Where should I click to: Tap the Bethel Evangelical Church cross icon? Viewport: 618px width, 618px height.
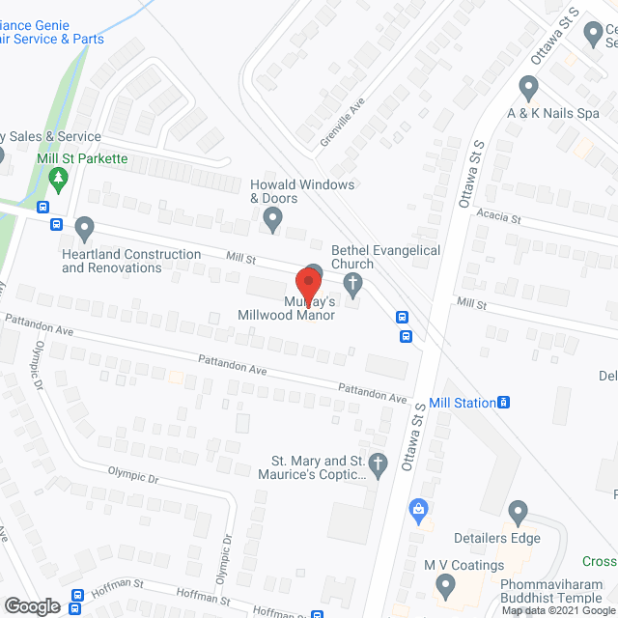pyautogui.click(x=353, y=284)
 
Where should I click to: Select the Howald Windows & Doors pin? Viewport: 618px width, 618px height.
pyautogui.click(x=273, y=222)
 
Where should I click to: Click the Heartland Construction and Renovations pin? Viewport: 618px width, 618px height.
pyautogui.click(x=85, y=230)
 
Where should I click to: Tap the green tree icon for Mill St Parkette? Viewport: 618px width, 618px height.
pyautogui.click(x=60, y=179)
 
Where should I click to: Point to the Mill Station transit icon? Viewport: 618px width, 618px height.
pyautogui.click(x=504, y=403)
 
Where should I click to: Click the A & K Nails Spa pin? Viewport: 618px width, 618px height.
pyautogui.click(x=527, y=89)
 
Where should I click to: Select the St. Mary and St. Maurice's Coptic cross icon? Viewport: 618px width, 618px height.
pyautogui.click(x=379, y=465)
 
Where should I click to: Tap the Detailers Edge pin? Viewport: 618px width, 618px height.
pyautogui.click(x=518, y=512)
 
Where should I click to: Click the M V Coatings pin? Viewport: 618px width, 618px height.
pyautogui.click(x=445, y=584)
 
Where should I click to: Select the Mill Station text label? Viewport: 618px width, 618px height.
pyautogui.click(x=462, y=403)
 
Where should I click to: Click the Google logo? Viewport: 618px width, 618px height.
pyautogui.click(x=32, y=605)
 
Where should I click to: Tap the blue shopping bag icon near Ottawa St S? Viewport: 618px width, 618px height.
pyautogui.click(x=418, y=507)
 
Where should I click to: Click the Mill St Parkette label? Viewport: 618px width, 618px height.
pyautogui.click(x=83, y=158)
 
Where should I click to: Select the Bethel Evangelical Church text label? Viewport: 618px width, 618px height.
pyautogui.click(x=385, y=257)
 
